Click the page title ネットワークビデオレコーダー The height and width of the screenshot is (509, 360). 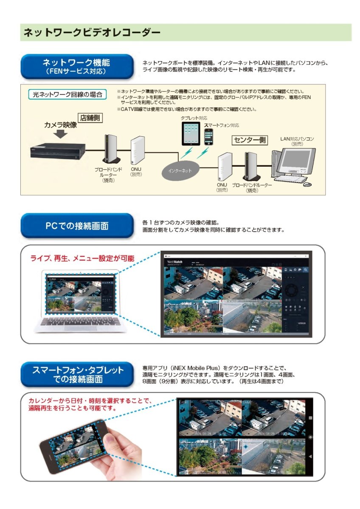coord(92,32)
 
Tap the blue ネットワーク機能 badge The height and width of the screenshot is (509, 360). coord(76,66)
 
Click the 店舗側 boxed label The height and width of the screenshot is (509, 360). coord(90,117)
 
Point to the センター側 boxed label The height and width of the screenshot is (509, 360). coord(250,140)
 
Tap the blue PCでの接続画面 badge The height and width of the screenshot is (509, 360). coord(76,226)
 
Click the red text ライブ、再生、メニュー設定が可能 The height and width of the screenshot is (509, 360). coord(82,258)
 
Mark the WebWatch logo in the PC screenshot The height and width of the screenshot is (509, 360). coord(176,262)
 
